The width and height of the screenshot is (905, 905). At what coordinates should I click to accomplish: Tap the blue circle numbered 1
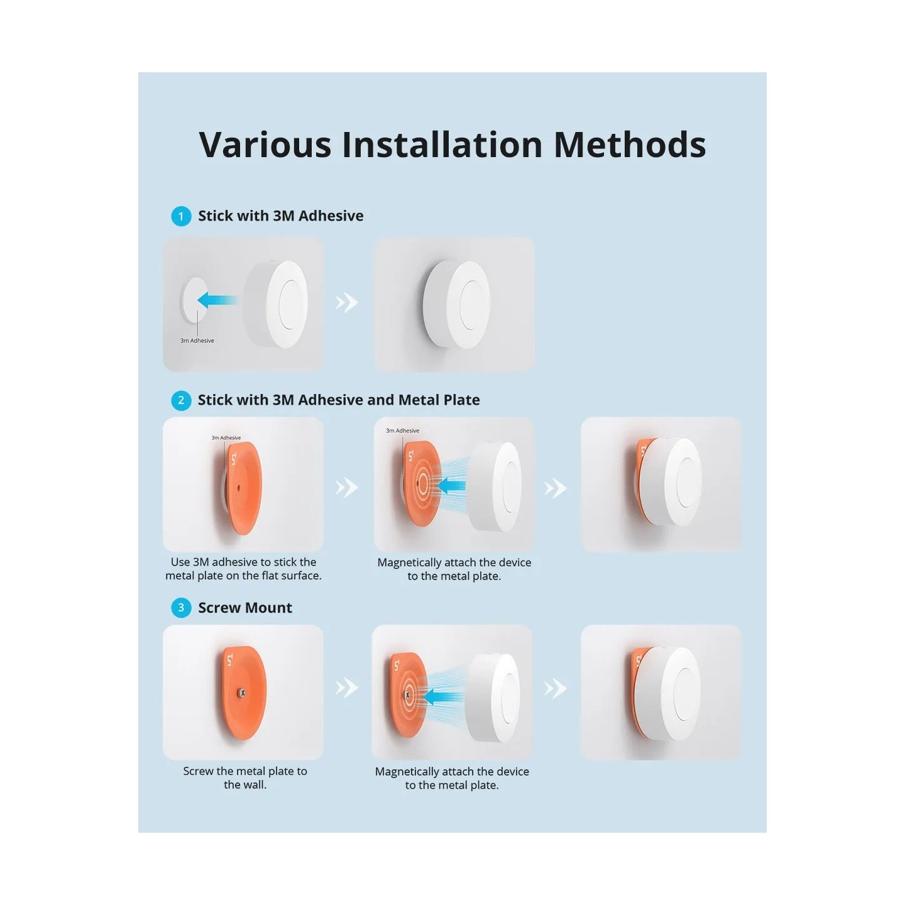[181, 216]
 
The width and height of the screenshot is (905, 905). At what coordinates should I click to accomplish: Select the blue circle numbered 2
[181, 400]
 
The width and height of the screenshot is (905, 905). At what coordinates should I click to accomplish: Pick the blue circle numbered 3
[181, 608]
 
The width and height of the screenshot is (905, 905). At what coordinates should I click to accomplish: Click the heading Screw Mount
[244, 608]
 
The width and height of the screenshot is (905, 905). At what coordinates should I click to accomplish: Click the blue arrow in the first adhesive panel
[217, 300]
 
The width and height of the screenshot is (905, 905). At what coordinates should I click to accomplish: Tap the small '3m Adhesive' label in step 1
[197, 341]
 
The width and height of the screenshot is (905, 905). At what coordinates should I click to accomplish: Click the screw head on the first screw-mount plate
[241, 693]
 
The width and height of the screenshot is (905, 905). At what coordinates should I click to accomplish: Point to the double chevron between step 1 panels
[346, 303]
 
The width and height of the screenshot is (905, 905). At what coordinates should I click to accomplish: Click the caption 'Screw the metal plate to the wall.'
[244, 777]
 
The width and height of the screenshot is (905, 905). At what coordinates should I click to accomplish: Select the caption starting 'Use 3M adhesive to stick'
[243, 569]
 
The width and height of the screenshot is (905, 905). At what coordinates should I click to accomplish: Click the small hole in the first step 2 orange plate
[239, 486]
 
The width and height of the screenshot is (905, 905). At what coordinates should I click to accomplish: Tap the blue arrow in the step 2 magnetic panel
[451, 485]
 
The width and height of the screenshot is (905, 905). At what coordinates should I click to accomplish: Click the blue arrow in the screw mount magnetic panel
[438, 696]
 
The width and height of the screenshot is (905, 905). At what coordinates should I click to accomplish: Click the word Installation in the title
[442, 145]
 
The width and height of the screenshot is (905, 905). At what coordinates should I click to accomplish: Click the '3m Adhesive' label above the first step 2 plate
[226, 438]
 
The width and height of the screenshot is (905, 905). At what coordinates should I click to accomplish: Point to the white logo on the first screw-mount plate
[230, 660]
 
